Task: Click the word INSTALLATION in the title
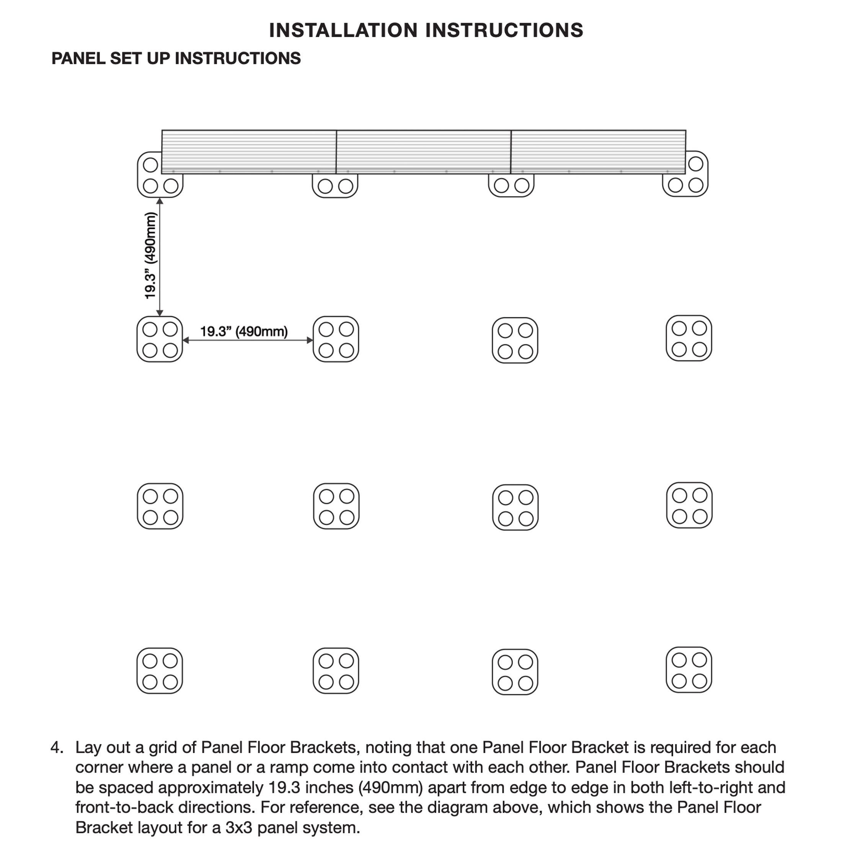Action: point(343,31)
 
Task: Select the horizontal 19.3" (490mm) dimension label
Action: point(243,331)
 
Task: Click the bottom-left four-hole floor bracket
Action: point(160,671)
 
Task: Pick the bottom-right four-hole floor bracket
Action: point(689,670)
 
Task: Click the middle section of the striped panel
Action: point(423,152)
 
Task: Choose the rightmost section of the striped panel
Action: point(598,152)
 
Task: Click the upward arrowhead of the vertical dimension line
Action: point(160,201)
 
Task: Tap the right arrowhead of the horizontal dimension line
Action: point(310,340)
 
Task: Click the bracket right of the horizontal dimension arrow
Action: point(336,339)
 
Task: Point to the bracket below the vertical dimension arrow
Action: point(160,339)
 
